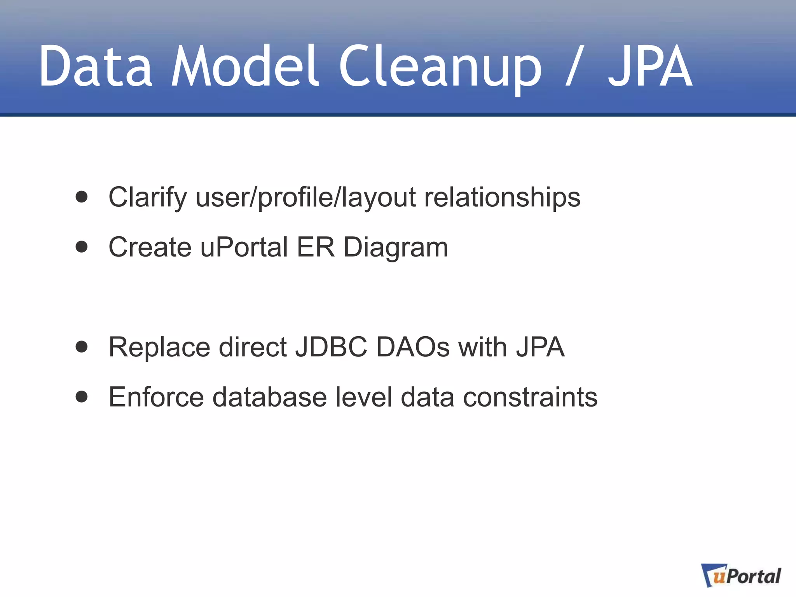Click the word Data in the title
pyautogui.click(x=96, y=66)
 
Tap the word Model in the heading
pyautogui.click(x=245, y=66)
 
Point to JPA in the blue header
pyautogui.click(x=650, y=66)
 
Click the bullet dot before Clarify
pyautogui.click(x=82, y=197)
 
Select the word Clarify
pyautogui.click(x=148, y=197)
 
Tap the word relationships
pyautogui.click(x=502, y=197)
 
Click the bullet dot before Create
pyautogui.click(x=82, y=247)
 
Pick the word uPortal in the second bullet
pyautogui.click(x=244, y=247)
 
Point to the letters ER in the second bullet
pyautogui.click(x=315, y=247)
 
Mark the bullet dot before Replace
pyautogui.click(x=82, y=347)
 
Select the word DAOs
pyautogui.click(x=413, y=347)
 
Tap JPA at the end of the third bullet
pyautogui.click(x=540, y=347)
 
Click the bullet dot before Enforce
pyautogui.click(x=82, y=397)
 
